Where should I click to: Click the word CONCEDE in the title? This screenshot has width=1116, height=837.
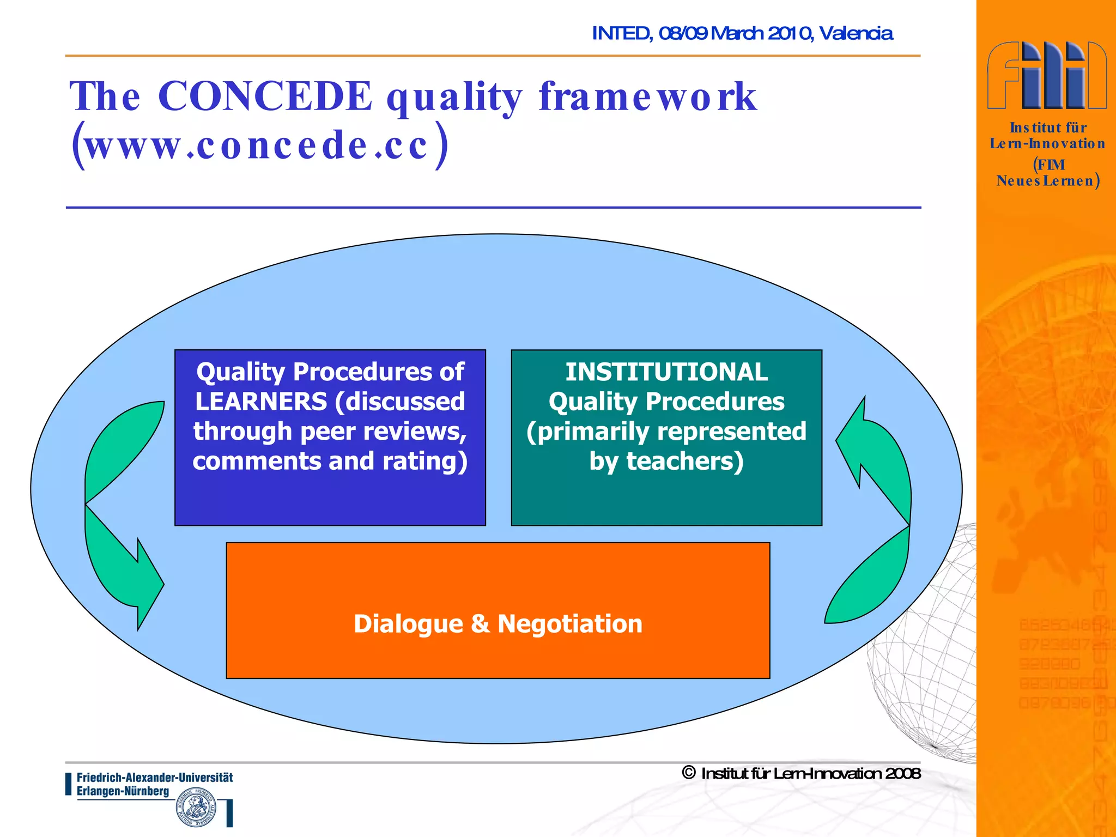(265, 96)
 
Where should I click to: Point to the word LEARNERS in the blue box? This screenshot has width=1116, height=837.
(261, 402)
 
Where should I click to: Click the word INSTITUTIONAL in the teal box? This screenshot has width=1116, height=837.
(666, 373)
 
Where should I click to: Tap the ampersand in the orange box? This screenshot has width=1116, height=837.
(480, 624)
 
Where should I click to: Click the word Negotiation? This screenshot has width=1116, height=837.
(570, 624)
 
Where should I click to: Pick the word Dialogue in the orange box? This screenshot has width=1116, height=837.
(408, 624)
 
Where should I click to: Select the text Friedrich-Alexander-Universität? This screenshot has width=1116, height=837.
(155, 778)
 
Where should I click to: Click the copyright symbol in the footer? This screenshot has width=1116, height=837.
(689, 773)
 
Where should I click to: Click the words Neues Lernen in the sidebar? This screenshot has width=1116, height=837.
(1045, 181)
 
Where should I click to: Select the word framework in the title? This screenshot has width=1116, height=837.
(647, 96)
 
